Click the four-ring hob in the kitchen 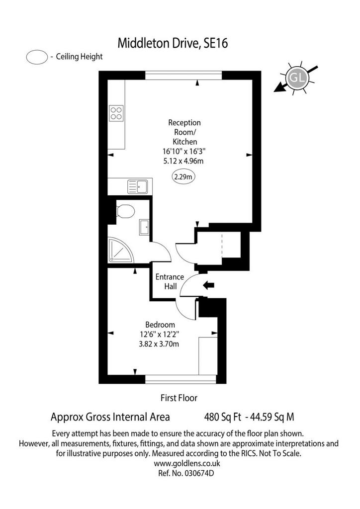tap(116, 113)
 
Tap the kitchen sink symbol tap(138, 187)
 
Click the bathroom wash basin tap(145, 227)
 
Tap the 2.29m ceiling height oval tap(183, 177)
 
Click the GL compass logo tap(297, 78)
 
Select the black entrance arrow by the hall tap(208, 285)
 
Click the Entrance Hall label tap(170, 281)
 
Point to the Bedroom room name tap(160, 325)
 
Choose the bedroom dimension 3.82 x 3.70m tap(159, 344)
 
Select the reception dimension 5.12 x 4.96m tap(183, 161)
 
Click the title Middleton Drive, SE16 tap(173, 43)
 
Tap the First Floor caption tap(179, 398)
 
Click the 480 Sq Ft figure tap(223, 417)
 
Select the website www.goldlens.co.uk tap(187, 463)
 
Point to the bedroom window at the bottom tap(180, 379)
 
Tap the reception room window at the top tap(183, 75)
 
